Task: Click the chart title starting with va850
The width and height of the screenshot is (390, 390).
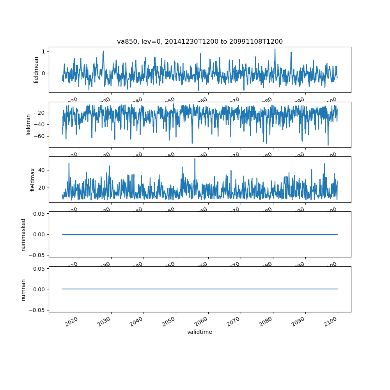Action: point(200,41)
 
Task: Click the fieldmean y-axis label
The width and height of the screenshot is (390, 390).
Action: point(36,70)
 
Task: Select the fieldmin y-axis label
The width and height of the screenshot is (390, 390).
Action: point(28,124)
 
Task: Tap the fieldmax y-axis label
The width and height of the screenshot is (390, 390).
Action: point(33,179)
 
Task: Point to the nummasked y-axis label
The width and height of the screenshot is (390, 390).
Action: point(23,234)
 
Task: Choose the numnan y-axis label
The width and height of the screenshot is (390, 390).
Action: point(23,289)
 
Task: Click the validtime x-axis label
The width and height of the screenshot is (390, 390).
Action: point(200,332)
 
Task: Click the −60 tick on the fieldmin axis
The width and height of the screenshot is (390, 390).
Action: point(41,136)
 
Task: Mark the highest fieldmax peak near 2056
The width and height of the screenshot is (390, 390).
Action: point(195,159)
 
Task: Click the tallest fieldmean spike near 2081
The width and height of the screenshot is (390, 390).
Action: point(275,49)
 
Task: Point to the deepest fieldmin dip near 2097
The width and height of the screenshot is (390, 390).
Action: point(328,145)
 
